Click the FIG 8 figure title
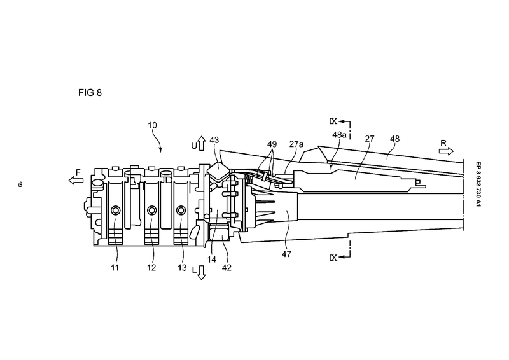(90, 93)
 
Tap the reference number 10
(152, 125)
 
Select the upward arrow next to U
(202, 143)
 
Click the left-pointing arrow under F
(76, 180)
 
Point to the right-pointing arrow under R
(446, 151)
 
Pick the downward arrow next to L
(202, 272)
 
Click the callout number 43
(214, 140)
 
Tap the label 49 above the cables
(272, 144)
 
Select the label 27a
(296, 144)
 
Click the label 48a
(339, 135)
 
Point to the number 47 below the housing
(286, 254)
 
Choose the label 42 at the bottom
(227, 268)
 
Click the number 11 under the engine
(115, 268)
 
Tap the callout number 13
(182, 268)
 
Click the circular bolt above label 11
(115, 211)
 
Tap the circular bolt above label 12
(151, 211)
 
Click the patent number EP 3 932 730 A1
(478, 184)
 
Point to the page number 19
(20, 184)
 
